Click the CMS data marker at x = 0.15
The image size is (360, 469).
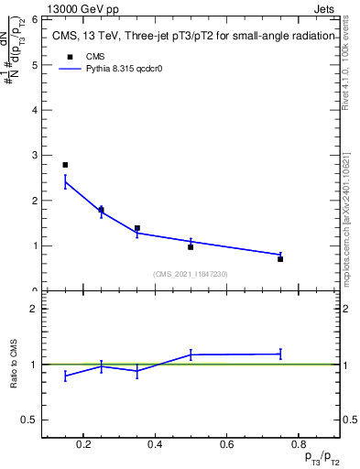click(x=65, y=165)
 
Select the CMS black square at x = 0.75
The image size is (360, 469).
click(x=280, y=259)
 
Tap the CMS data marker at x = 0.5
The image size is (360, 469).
click(x=191, y=247)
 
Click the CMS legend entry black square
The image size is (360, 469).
click(x=70, y=57)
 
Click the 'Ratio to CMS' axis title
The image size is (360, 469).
click(x=14, y=364)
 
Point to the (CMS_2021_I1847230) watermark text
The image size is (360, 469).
click(x=190, y=274)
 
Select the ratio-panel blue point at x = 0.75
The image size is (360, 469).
click(x=280, y=354)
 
